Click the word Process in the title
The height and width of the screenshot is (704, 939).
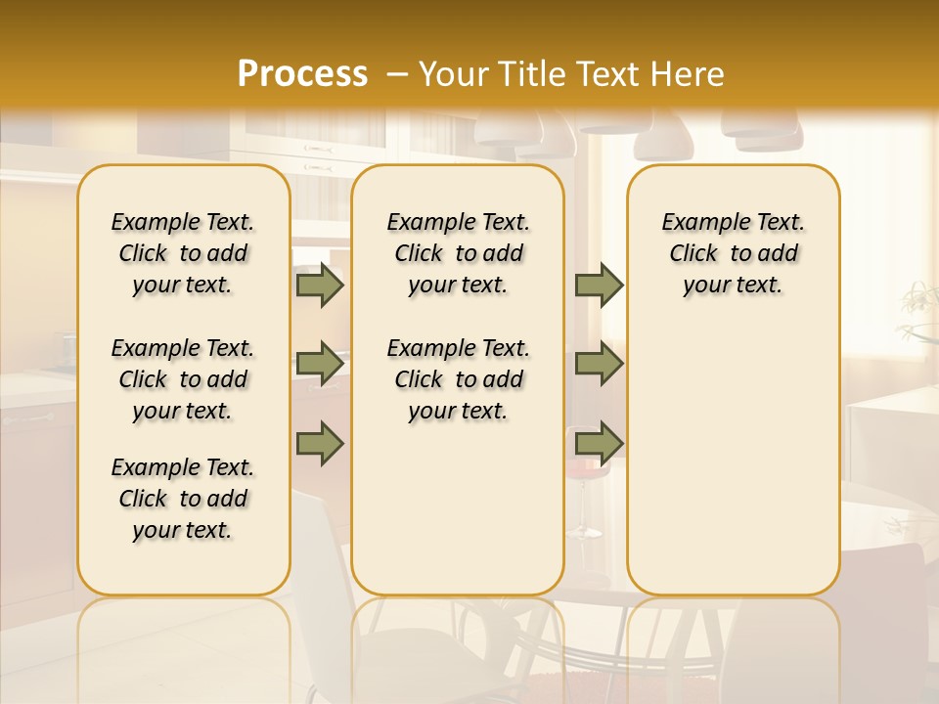(302, 74)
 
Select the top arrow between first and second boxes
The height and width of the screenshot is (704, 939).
(320, 285)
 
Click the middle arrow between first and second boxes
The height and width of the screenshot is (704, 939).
(320, 364)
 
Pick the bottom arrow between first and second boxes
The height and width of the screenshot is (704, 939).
(320, 444)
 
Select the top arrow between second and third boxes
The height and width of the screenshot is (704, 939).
(599, 285)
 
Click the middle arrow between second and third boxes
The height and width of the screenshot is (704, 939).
(599, 364)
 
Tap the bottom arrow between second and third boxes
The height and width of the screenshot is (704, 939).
(599, 444)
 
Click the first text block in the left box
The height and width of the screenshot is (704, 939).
(183, 253)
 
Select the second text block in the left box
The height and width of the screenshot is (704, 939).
(183, 379)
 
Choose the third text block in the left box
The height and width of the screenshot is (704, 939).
(183, 499)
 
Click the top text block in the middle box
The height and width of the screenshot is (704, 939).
(458, 253)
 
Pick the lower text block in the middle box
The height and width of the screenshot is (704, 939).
(458, 379)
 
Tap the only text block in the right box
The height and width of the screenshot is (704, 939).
(733, 253)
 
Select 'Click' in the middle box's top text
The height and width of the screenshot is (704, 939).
(419, 254)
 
